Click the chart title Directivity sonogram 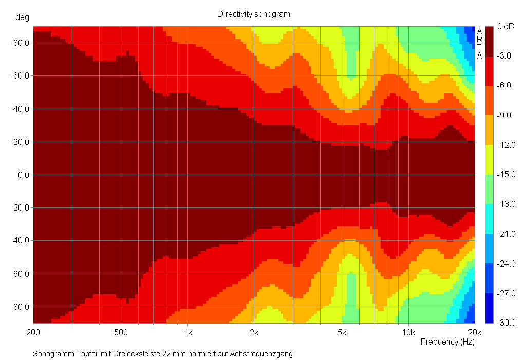[253, 14]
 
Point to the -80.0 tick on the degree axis [19, 43]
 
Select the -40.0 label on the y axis [19, 109]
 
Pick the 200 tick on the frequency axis [33, 332]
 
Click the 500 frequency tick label [121, 332]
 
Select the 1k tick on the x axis [187, 332]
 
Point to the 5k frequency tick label [342, 332]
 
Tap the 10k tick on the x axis [408, 332]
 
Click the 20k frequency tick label [475, 332]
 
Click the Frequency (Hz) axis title [447, 342]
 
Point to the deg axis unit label [22, 17]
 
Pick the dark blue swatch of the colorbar [489, 308]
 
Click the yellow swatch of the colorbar [489, 159]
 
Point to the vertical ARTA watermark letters [479, 43]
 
